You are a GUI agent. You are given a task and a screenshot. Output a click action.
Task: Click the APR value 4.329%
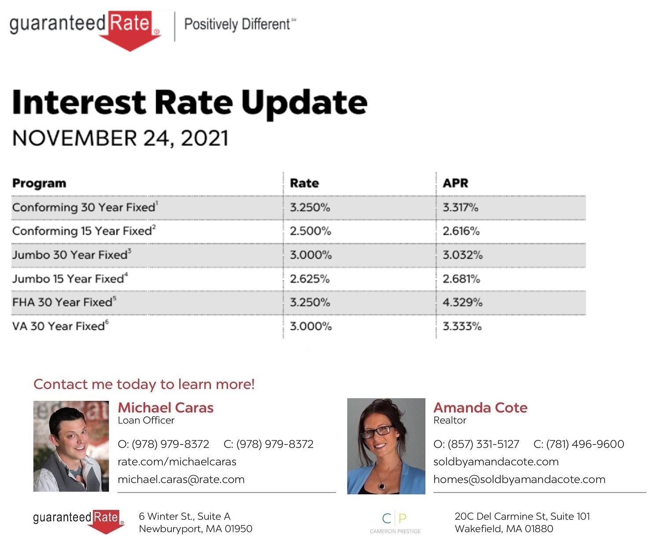[x=462, y=302]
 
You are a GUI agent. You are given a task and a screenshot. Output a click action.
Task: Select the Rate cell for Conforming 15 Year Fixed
[x=310, y=231]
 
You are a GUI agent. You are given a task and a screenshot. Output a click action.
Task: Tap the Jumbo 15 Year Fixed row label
[x=70, y=278]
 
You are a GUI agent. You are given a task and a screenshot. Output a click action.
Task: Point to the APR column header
[x=455, y=183]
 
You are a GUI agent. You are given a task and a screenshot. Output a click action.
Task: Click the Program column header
[x=39, y=184]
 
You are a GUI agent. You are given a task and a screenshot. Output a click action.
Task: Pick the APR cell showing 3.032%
[x=462, y=255]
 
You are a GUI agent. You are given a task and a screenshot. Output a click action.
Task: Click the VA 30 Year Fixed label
[x=60, y=326]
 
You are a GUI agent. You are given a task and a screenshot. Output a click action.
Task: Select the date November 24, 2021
[x=120, y=138]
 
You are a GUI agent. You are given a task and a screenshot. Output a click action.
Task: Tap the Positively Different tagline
[x=240, y=24]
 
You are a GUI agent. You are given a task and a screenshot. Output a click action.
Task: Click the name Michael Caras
[x=166, y=407]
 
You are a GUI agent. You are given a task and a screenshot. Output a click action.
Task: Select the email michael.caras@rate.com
[x=181, y=479]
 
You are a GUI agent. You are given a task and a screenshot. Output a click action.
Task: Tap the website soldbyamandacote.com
[x=496, y=462]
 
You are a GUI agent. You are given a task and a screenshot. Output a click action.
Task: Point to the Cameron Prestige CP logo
[x=395, y=522]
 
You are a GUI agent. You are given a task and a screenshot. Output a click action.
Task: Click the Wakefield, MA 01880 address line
[x=504, y=529]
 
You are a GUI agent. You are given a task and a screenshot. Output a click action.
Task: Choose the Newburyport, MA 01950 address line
[x=195, y=529]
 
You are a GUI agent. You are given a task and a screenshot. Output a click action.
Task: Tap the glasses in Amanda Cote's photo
[x=377, y=432]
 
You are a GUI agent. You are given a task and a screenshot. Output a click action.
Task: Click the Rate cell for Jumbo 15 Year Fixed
[x=310, y=279]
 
